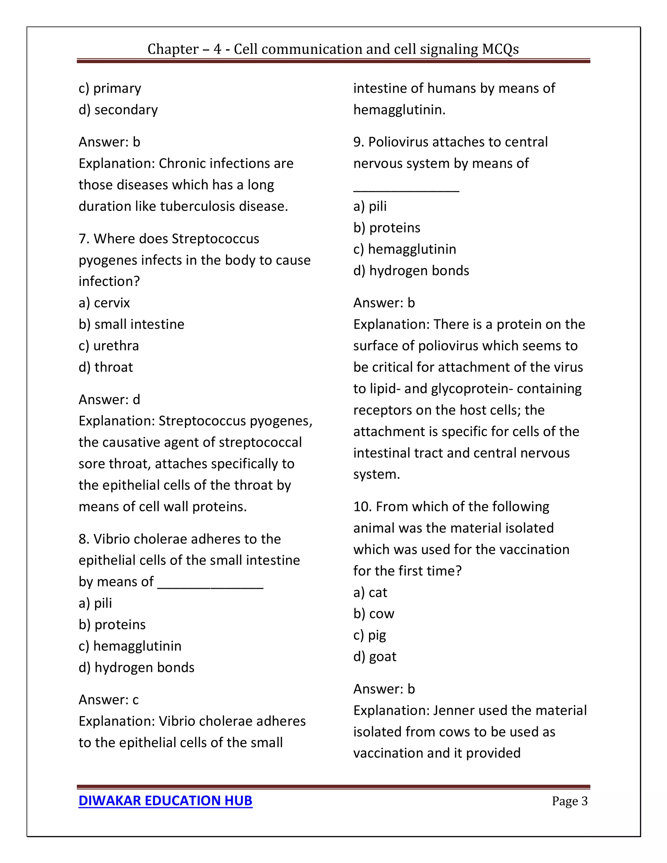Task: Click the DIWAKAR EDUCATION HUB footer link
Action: (165, 800)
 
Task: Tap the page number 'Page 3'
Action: (569, 801)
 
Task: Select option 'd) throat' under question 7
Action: (106, 367)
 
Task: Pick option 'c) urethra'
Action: (109, 346)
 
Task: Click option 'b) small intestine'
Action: (131, 324)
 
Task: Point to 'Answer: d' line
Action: (109, 400)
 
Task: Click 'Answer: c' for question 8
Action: (108, 700)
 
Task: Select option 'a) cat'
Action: (370, 592)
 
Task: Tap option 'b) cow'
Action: (374, 614)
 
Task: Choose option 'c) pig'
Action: (369, 635)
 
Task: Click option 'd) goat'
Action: (375, 656)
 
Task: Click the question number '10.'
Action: (362, 507)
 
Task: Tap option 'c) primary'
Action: (109, 88)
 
